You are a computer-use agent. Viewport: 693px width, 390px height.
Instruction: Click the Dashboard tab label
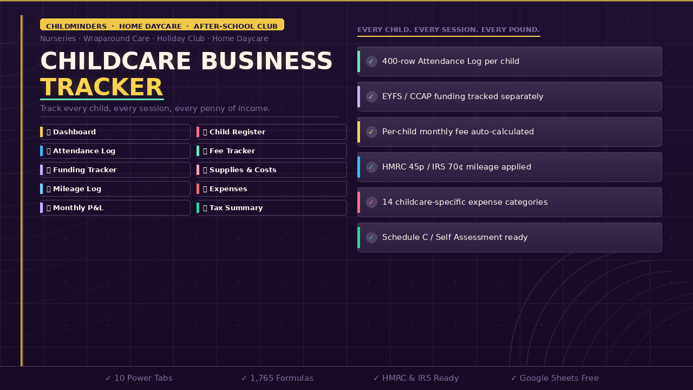coord(74,132)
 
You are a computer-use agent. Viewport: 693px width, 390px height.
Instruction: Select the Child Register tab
coord(237,132)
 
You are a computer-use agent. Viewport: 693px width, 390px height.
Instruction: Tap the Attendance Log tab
coord(84,151)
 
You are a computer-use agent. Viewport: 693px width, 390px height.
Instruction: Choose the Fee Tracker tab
coord(232,151)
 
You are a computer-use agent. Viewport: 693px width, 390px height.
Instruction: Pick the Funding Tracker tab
coord(84,170)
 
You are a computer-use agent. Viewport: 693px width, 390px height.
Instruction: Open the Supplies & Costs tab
coord(243,170)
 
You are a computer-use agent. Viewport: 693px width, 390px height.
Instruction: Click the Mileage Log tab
coord(77,189)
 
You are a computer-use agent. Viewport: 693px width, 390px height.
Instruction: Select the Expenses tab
coord(228,189)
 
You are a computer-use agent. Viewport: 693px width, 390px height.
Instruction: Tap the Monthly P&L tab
coord(78,208)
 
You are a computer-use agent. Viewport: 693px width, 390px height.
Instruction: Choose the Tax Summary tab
coord(236,208)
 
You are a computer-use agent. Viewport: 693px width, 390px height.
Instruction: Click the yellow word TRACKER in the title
coord(102,87)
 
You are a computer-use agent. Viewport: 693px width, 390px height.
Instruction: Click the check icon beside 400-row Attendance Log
coord(371,62)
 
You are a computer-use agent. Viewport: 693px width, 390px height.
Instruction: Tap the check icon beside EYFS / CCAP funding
coord(371,97)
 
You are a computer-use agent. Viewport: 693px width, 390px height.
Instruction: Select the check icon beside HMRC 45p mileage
coord(371,167)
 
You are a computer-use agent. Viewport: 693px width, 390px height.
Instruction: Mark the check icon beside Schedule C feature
coord(371,238)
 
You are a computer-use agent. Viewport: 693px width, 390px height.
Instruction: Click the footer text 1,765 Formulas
coord(277,378)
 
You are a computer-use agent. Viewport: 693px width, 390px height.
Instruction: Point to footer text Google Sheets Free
coord(555,378)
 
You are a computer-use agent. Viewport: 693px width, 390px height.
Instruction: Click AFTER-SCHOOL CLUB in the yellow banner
coord(236,26)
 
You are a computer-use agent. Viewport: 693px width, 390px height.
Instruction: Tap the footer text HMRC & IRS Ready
coord(416,378)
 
